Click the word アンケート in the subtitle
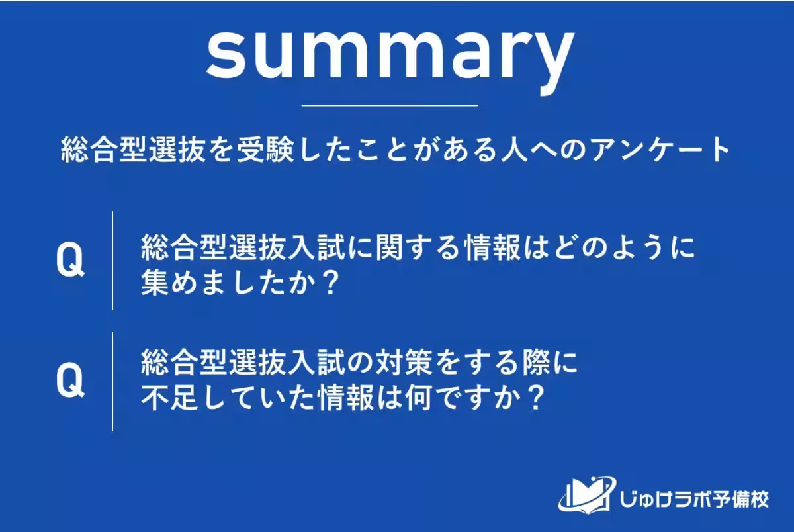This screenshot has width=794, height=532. pyautogui.click(x=664, y=151)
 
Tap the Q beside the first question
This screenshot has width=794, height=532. pyautogui.click(x=70, y=261)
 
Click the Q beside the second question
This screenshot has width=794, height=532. pyautogui.click(x=70, y=382)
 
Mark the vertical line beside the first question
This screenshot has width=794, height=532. pyautogui.click(x=112, y=261)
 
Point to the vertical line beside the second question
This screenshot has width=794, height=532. pyautogui.click(x=112, y=381)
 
